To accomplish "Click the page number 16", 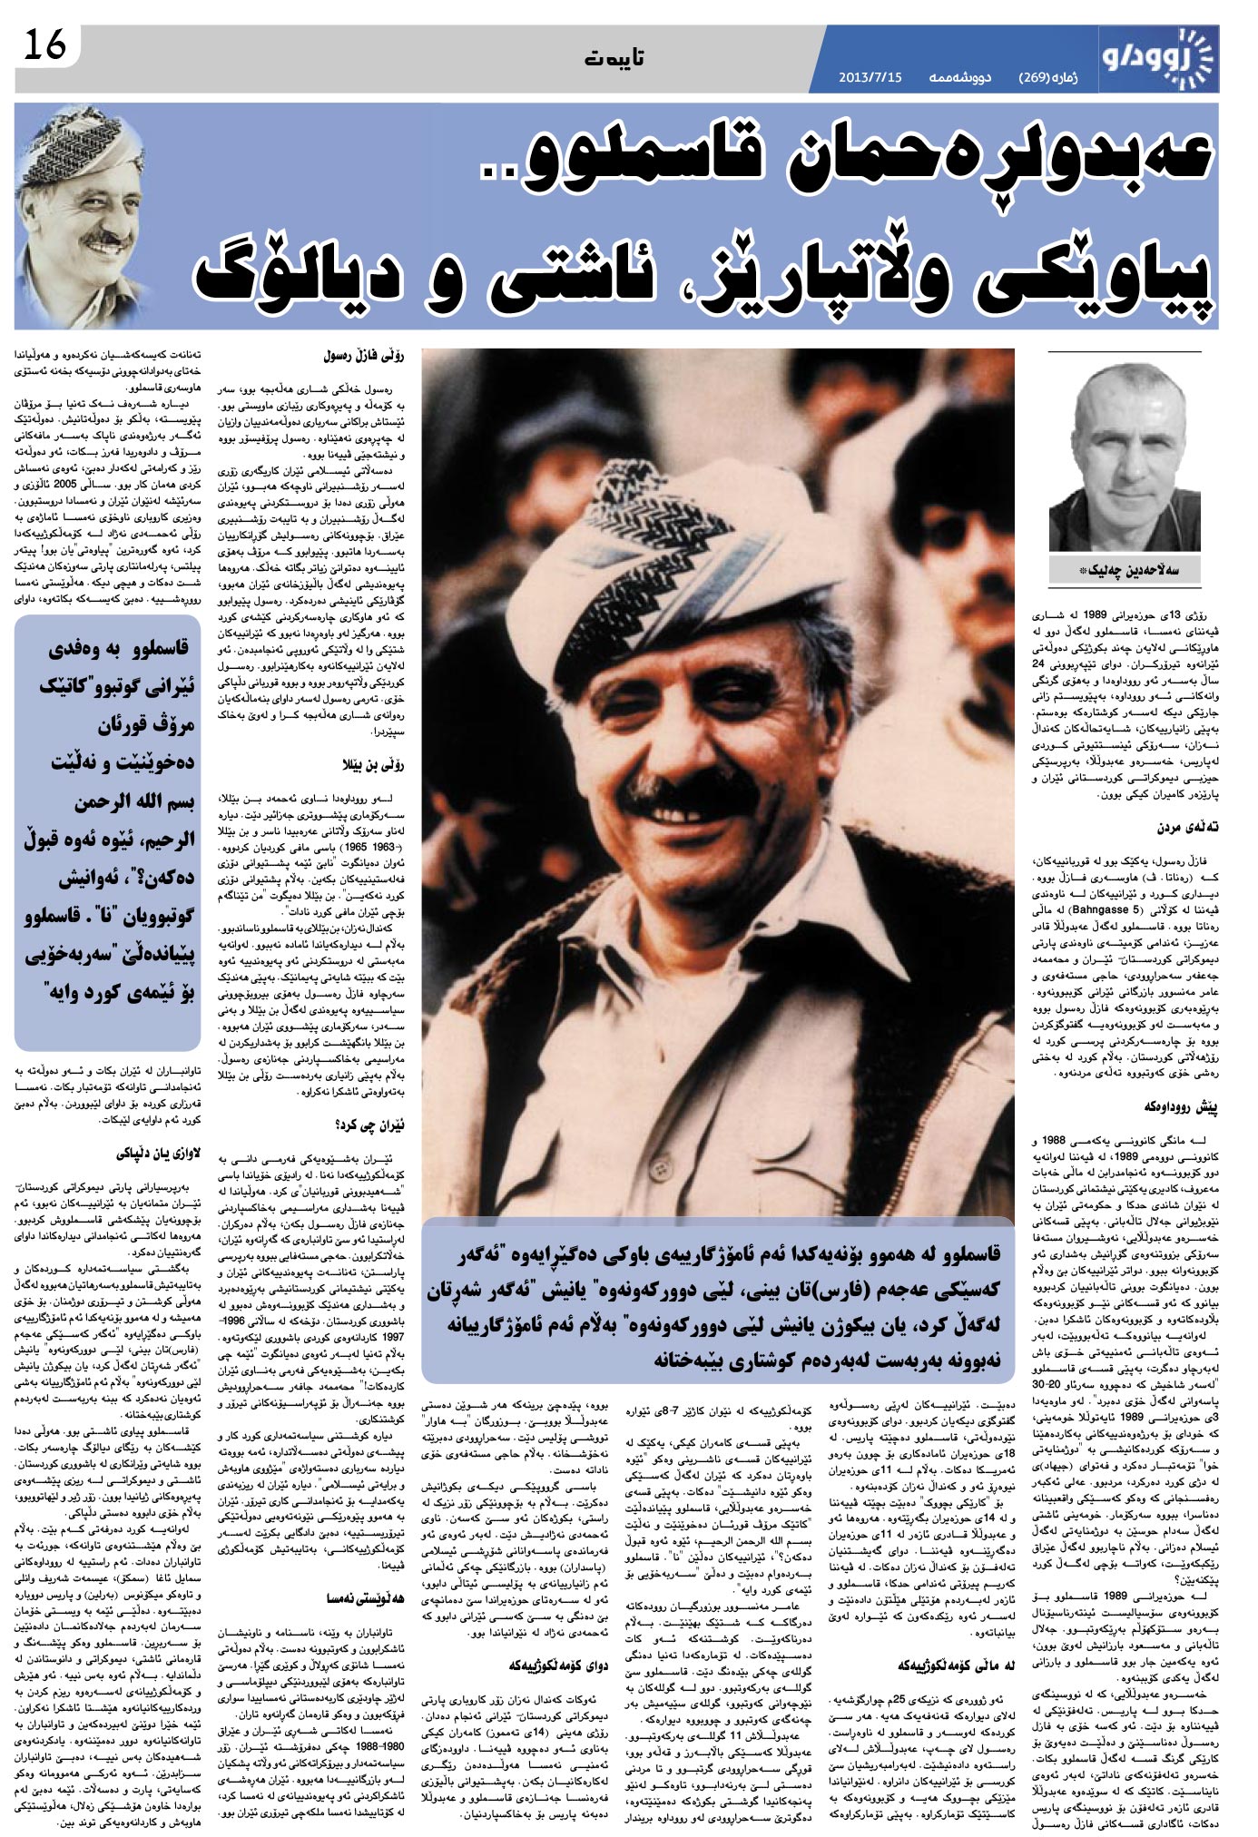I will pos(45,45).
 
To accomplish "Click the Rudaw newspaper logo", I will pos(1156,56).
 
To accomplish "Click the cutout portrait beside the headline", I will pos(91,218).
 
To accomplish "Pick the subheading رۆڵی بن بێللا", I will pos(372,764).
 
